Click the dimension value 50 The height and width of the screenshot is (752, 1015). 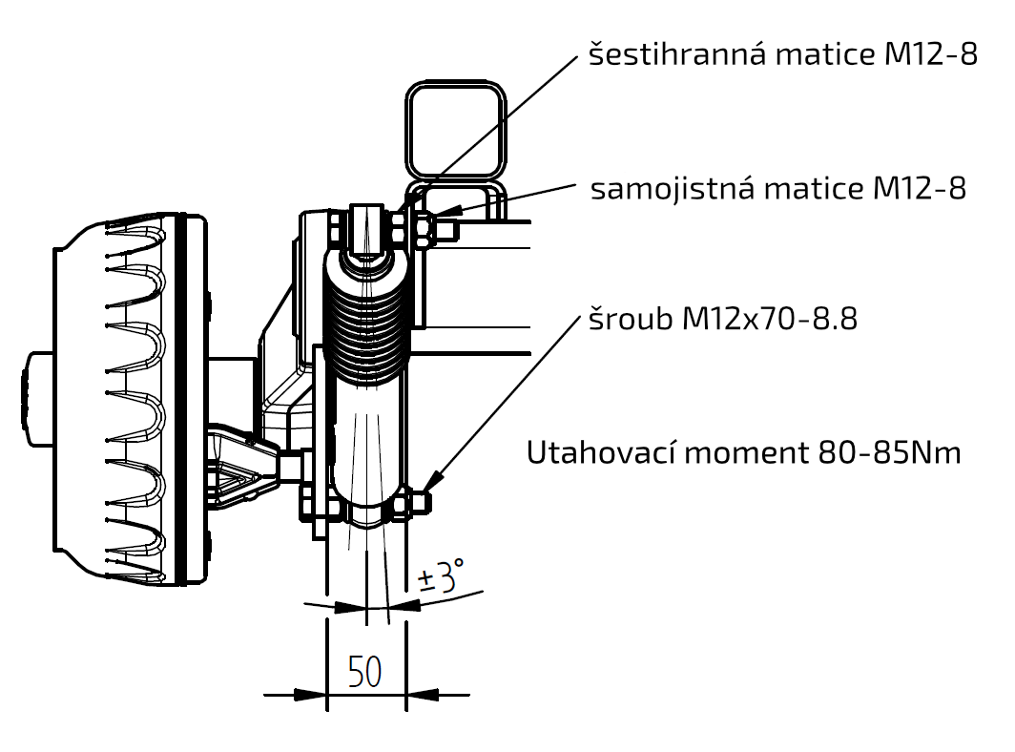click(x=365, y=672)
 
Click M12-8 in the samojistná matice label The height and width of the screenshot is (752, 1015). click(x=919, y=189)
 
